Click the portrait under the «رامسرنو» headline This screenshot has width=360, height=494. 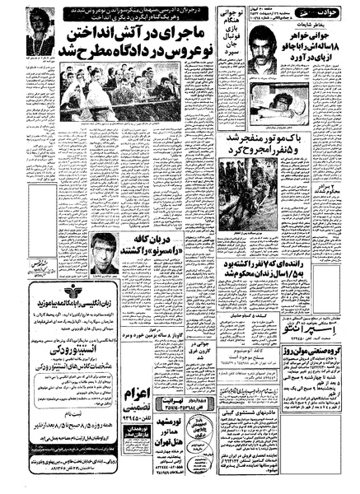(x=108, y=254)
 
